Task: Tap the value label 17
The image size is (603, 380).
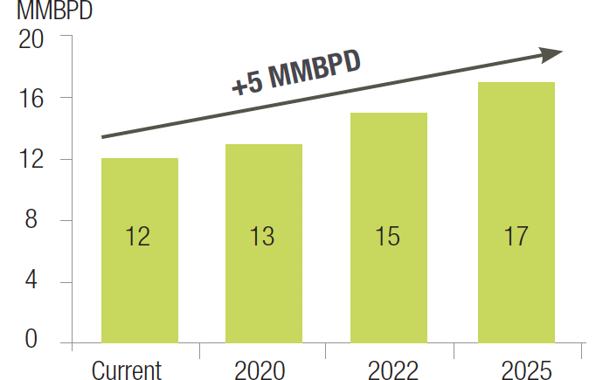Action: coord(516,236)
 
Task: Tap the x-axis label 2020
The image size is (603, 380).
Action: coord(260,369)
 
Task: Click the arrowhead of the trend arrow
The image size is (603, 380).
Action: coord(551,54)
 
